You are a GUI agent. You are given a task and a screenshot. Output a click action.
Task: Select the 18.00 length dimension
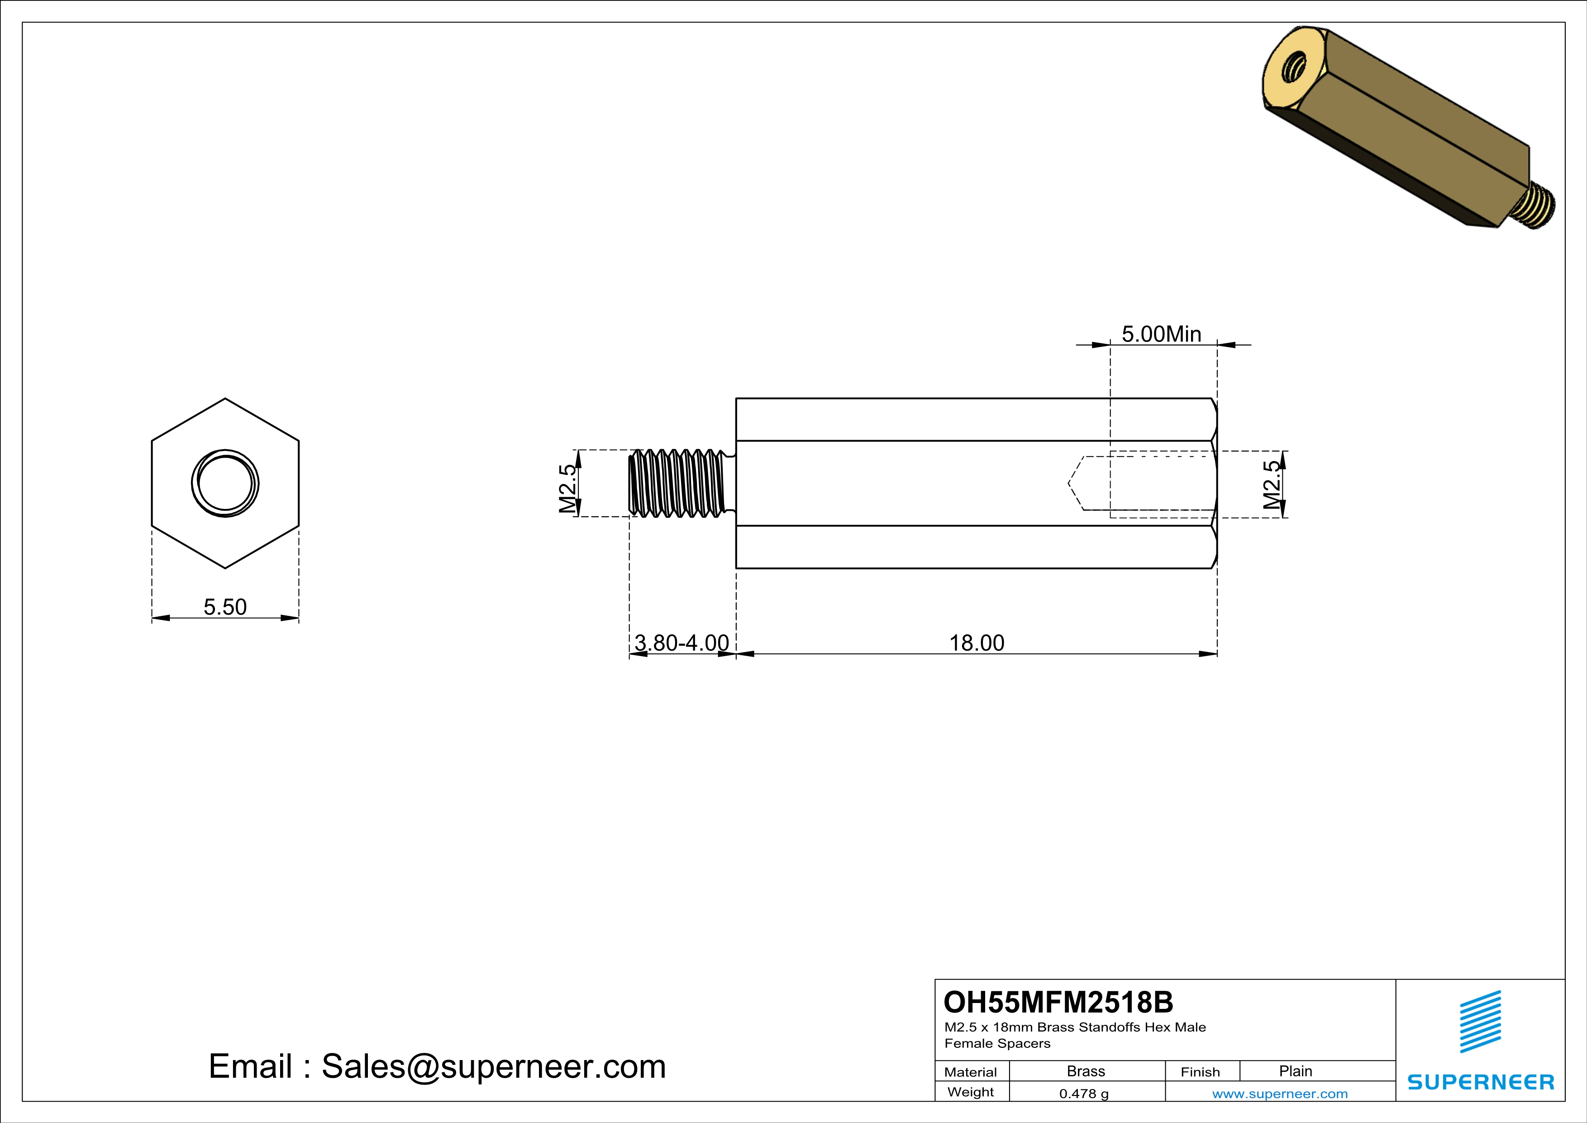click(x=976, y=643)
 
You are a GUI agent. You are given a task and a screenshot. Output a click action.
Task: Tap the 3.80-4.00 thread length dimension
click(x=682, y=643)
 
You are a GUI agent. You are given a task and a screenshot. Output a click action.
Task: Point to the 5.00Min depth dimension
click(x=1161, y=334)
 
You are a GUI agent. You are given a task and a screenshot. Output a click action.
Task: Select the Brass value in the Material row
click(x=1086, y=1071)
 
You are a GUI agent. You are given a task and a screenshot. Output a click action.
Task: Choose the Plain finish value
click(x=1295, y=1071)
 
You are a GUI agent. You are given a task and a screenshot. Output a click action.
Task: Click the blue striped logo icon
click(x=1481, y=1022)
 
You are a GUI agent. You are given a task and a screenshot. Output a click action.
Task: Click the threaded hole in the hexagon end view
click(x=225, y=483)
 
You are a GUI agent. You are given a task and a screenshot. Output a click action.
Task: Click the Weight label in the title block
click(x=971, y=1092)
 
